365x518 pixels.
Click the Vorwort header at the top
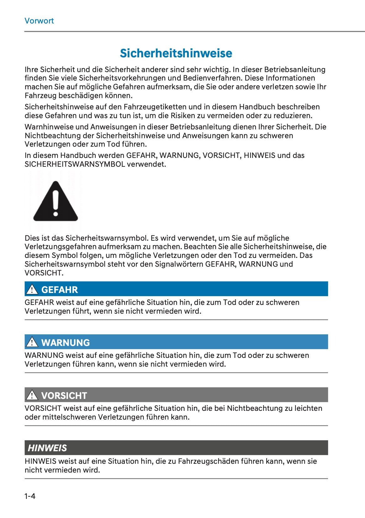pyautogui.click(x=39, y=21)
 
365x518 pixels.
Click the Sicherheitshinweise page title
pyautogui.click(x=176, y=53)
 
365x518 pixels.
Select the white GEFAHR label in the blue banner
pyautogui.click(x=60, y=290)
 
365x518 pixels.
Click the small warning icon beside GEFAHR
pyautogui.click(x=32, y=289)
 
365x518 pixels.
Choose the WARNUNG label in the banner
pyautogui.click(x=65, y=343)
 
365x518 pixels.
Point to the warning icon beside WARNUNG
pyautogui.click(x=32, y=342)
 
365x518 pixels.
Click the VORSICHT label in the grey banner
pyautogui.click(x=64, y=395)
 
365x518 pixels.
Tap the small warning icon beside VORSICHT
pyautogui.click(x=32, y=395)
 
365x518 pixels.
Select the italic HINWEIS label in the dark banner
pyautogui.click(x=47, y=448)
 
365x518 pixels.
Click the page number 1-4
pyautogui.click(x=30, y=496)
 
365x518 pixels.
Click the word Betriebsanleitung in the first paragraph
pyautogui.click(x=295, y=70)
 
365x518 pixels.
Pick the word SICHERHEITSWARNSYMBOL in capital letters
pyautogui.click(x=75, y=164)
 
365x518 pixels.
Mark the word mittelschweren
pyautogui.click(x=69, y=417)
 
